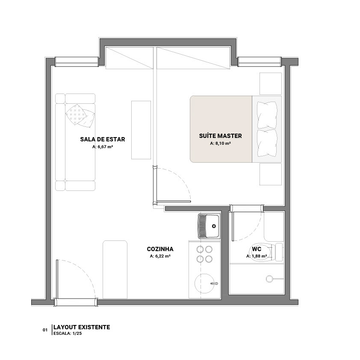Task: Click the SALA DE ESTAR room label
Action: pyautogui.click(x=103, y=139)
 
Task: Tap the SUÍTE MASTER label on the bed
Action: pyautogui.click(x=221, y=136)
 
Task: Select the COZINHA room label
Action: pyautogui.click(x=160, y=249)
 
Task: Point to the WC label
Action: pyautogui.click(x=257, y=249)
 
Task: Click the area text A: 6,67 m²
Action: pyautogui.click(x=103, y=146)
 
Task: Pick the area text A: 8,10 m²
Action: pyautogui.click(x=221, y=143)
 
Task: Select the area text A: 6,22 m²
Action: pyautogui.click(x=160, y=256)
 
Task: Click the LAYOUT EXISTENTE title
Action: pyautogui.click(x=82, y=327)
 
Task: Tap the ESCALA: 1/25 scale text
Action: pyautogui.click(x=68, y=334)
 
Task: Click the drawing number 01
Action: pyautogui.click(x=45, y=330)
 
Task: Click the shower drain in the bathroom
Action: pyautogui.click(x=269, y=279)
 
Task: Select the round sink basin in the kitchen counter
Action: pyautogui.click(x=205, y=283)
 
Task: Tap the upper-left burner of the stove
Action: pyautogui.click(x=200, y=249)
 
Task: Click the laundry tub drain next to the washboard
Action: pyautogui.click(x=214, y=226)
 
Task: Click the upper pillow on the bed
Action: pyautogui.click(x=267, y=115)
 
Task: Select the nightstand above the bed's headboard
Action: pyautogui.click(x=271, y=84)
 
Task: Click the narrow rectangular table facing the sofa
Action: pyautogui.click(x=141, y=130)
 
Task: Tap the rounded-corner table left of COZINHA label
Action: pyautogui.click(x=115, y=270)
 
